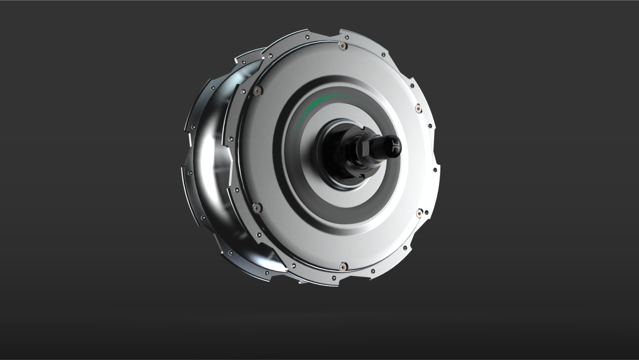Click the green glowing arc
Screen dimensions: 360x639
pyautogui.click(x=319, y=101)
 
